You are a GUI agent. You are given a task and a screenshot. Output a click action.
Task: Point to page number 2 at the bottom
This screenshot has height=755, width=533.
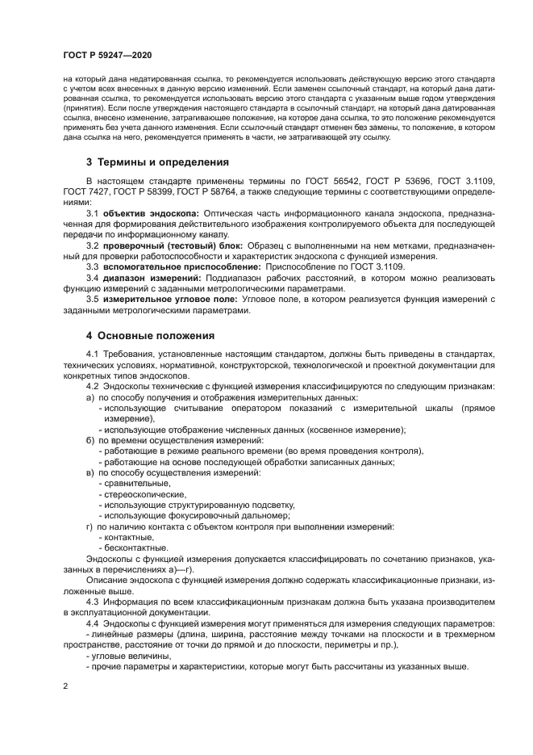pyautogui.click(x=65, y=685)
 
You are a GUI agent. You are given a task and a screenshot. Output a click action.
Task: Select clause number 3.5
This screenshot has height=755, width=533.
pyautogui.click(x=92, y=323)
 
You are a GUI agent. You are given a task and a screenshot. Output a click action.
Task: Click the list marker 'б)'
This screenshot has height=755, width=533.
pyautogui.click(x=90, y=440)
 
